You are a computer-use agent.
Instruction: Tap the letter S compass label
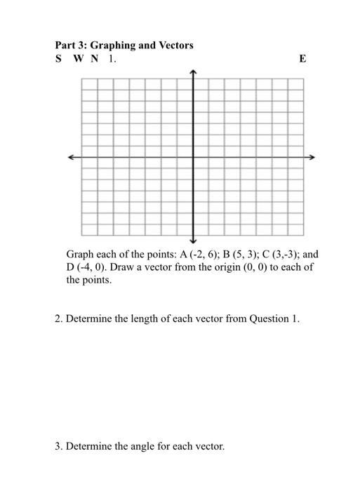(x=58, y=59)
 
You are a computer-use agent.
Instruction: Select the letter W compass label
(x=77, y=59)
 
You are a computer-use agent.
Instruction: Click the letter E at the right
(x=302, y=59)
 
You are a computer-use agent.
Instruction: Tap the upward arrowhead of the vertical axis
(x=194, y=72)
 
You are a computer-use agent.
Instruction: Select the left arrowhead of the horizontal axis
(x=71, y=157)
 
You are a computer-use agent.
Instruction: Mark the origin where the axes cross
(x=194, y=157)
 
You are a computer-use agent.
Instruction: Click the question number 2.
(x=59, y=319)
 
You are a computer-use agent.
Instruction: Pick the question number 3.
(x=59, y=445)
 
